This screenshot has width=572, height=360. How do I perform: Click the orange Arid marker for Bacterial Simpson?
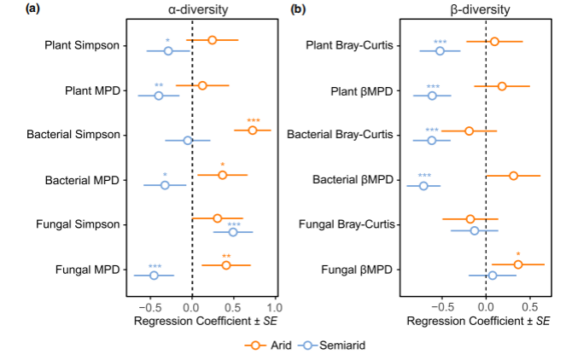click(252, 130)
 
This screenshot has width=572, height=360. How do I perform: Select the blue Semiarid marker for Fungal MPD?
click(154, 275)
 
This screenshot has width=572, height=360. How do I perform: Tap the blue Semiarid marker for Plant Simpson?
click(168, 50)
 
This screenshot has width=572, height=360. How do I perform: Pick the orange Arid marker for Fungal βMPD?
click(517, 264)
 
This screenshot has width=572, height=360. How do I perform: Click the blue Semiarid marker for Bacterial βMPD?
click(423, 185)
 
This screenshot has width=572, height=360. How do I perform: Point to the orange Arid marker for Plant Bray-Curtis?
click(494, 41)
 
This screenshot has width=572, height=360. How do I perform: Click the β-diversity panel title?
click(483, 10)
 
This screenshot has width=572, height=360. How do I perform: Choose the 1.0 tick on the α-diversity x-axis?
click(274, 306)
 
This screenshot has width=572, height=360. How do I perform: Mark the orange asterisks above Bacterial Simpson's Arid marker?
click(253, 120)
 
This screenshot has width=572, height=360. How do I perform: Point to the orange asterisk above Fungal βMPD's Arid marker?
click(518, 254)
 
